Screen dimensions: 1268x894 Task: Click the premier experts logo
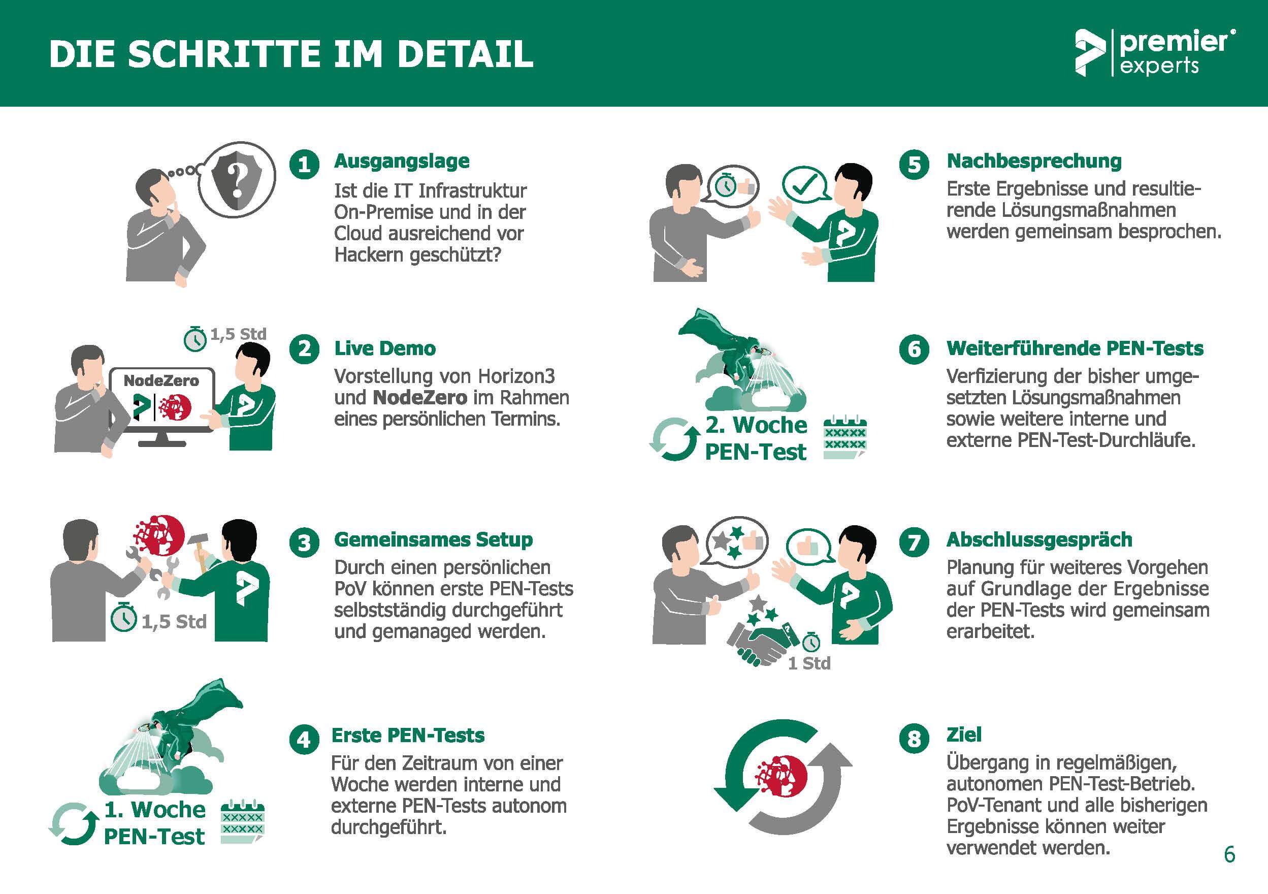pos(1155,53)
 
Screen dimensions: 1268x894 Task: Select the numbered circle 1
pos(304,164)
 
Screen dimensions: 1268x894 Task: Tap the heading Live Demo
pos(385,348)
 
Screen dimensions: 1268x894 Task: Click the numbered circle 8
pos(914,739)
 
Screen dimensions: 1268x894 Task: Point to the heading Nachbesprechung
pos(1034,161)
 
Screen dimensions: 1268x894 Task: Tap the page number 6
pos(1229,854)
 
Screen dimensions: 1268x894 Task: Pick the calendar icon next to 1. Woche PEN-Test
pos(242,821)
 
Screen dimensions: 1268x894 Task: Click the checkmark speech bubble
pos(807,184)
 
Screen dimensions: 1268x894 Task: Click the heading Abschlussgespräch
pos(1039,539)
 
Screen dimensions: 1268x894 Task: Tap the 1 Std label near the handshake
pos(809,663)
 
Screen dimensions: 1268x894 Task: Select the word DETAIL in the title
pos(465,54)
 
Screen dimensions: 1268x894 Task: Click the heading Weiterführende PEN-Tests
pos(1075,348)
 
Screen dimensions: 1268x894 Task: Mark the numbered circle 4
pos(304,739)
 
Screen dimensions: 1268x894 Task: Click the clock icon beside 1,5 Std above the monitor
pos(195,338)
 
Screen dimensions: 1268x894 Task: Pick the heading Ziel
pos(964,735)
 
